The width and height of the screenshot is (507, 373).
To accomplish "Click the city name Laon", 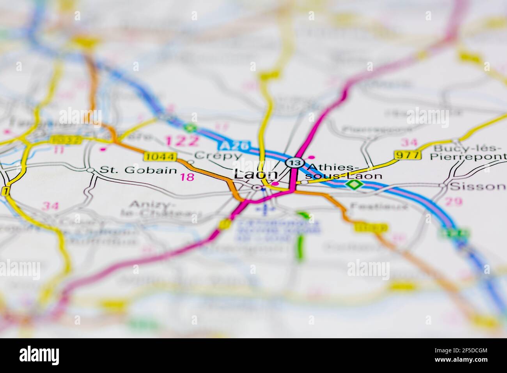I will click(x=255, y=175).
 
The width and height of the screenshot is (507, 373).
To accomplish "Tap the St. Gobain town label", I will click(x=138, y=170).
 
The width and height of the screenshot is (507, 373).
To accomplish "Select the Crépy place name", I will click(x=218, y=155).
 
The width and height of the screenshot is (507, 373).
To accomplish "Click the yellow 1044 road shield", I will click(x=160, y=156).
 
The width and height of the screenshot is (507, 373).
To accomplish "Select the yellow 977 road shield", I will click(x=408, y=155).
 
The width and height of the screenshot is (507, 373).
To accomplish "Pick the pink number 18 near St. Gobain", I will click(x=187, y=178).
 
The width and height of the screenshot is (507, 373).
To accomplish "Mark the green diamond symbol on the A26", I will click(x=353, y=185).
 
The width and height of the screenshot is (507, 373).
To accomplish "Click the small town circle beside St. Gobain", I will click(x=90, y=170).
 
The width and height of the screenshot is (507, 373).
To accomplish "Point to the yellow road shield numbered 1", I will click(x=5, y=191).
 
